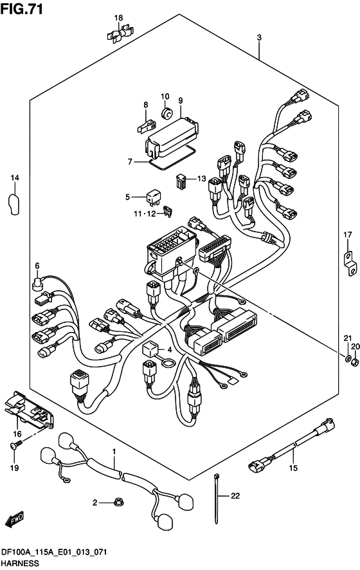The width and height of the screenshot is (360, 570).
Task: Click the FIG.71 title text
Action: (22, 9)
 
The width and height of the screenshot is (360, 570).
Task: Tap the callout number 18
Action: (118, 18)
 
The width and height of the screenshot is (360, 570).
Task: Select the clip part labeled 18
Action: (119, 33)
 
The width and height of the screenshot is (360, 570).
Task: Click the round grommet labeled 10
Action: (166, 113)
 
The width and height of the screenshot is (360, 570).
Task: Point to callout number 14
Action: (15, 178)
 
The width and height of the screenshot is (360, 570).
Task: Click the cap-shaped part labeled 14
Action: (14, 205)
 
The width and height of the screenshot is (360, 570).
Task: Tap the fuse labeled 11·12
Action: (169, 212)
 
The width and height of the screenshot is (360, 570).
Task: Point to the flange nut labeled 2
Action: (118, 502)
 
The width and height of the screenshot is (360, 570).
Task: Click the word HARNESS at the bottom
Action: (20, 564)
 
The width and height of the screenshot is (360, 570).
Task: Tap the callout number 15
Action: (293, 468)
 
